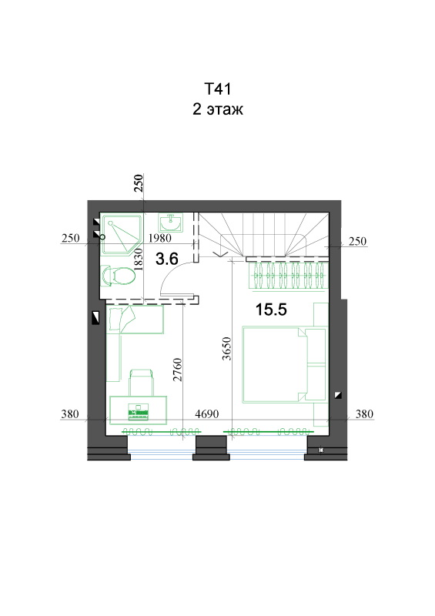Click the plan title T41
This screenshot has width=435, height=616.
[217, 89]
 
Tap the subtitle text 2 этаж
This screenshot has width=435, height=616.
[218, 109]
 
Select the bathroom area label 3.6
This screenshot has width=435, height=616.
[167, 259]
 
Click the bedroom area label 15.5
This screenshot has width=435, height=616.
[271, 310]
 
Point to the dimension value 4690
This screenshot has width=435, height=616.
[206, 414]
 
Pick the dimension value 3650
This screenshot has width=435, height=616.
[226, 349]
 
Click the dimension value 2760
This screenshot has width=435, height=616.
[178, 370]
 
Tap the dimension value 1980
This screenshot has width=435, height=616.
[159, 238]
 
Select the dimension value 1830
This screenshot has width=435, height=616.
[138, 259]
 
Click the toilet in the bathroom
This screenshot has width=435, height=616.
[119, 275]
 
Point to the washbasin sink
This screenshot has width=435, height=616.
[170, 223]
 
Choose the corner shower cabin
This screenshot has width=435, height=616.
[121, 233]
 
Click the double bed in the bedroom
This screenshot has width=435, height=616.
[285, 364]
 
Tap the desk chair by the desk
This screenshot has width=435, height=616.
[141, 382]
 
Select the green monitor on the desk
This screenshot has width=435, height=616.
[138, 410]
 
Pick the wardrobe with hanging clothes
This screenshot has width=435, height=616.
[289, 275]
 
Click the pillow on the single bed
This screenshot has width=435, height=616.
[115, 319]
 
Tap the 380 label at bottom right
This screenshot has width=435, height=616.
[364, 414]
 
